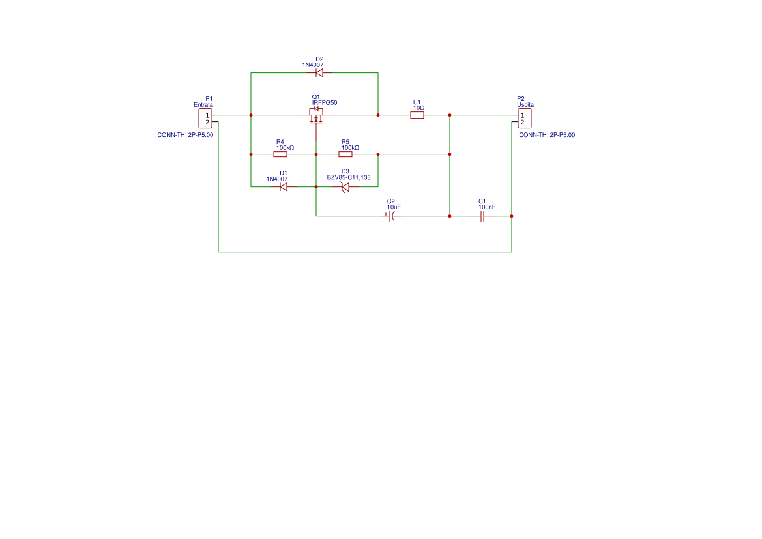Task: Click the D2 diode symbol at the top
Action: [319, 73]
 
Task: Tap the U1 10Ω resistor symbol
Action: [417, 115]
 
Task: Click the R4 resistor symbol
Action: [280, 154]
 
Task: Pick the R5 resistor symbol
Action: [345, 154]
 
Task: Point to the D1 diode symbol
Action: [284, 187]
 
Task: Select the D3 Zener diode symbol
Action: [345, 187]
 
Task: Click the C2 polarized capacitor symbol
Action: [391, 216]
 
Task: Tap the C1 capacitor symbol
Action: [482, 216]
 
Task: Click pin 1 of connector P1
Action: [207, 115]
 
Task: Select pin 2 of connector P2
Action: [522, 122]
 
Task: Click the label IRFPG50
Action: [325, 103]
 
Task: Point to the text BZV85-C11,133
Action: [349, 177]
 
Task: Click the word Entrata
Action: [203, 105]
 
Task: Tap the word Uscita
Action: [525, 105]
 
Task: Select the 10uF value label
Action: [394, 207]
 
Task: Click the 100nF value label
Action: [487, 207]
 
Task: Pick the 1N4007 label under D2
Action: [312, 65]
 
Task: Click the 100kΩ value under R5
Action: [350, 148]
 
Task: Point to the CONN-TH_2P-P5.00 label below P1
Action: [185, 135]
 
